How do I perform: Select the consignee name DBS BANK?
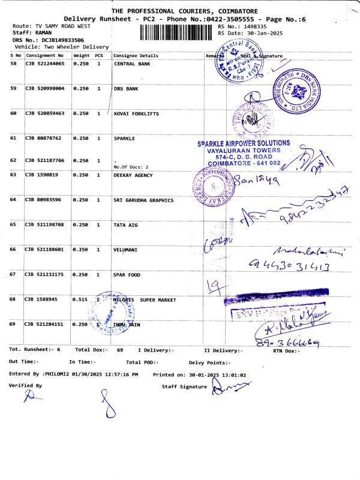click(x=126, y=89)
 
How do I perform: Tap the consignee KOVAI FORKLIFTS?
click(x=137, y=113)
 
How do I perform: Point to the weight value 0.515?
click(x=80, y=299)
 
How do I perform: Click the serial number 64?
click(x=13, y=200)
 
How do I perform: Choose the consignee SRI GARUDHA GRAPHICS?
click(x=143, y=200)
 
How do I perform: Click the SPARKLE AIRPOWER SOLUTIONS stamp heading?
click(x=244, y=143)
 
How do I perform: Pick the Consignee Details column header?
click(x=136, y=56)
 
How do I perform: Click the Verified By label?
click(x=25, y=386)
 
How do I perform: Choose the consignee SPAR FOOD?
click(x=127, y=275)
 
